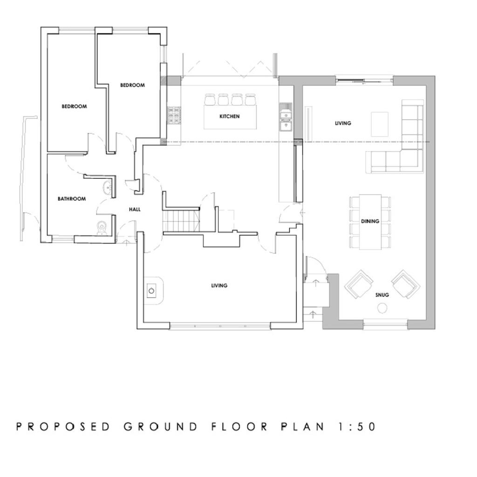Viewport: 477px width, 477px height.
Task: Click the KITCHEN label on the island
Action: (229, 116)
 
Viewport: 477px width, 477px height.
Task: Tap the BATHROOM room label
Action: (72, 199)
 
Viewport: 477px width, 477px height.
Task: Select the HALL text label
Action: (135, 210)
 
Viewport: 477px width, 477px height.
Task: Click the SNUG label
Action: (382, 295)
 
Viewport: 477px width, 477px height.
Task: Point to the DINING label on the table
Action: (370, 222)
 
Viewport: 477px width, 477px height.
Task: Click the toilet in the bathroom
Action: (102, 227)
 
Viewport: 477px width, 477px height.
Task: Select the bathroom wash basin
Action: (108, 188)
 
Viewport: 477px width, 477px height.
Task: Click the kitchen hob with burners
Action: (174, 116)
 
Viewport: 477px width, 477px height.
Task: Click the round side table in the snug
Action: (382, 308)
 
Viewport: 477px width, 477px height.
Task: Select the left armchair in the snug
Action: (359, 284)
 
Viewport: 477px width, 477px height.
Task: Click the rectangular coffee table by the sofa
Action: (380, 124)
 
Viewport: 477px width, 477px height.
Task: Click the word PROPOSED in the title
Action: (63, 427)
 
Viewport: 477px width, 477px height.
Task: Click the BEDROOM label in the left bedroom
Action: (75, 107)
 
